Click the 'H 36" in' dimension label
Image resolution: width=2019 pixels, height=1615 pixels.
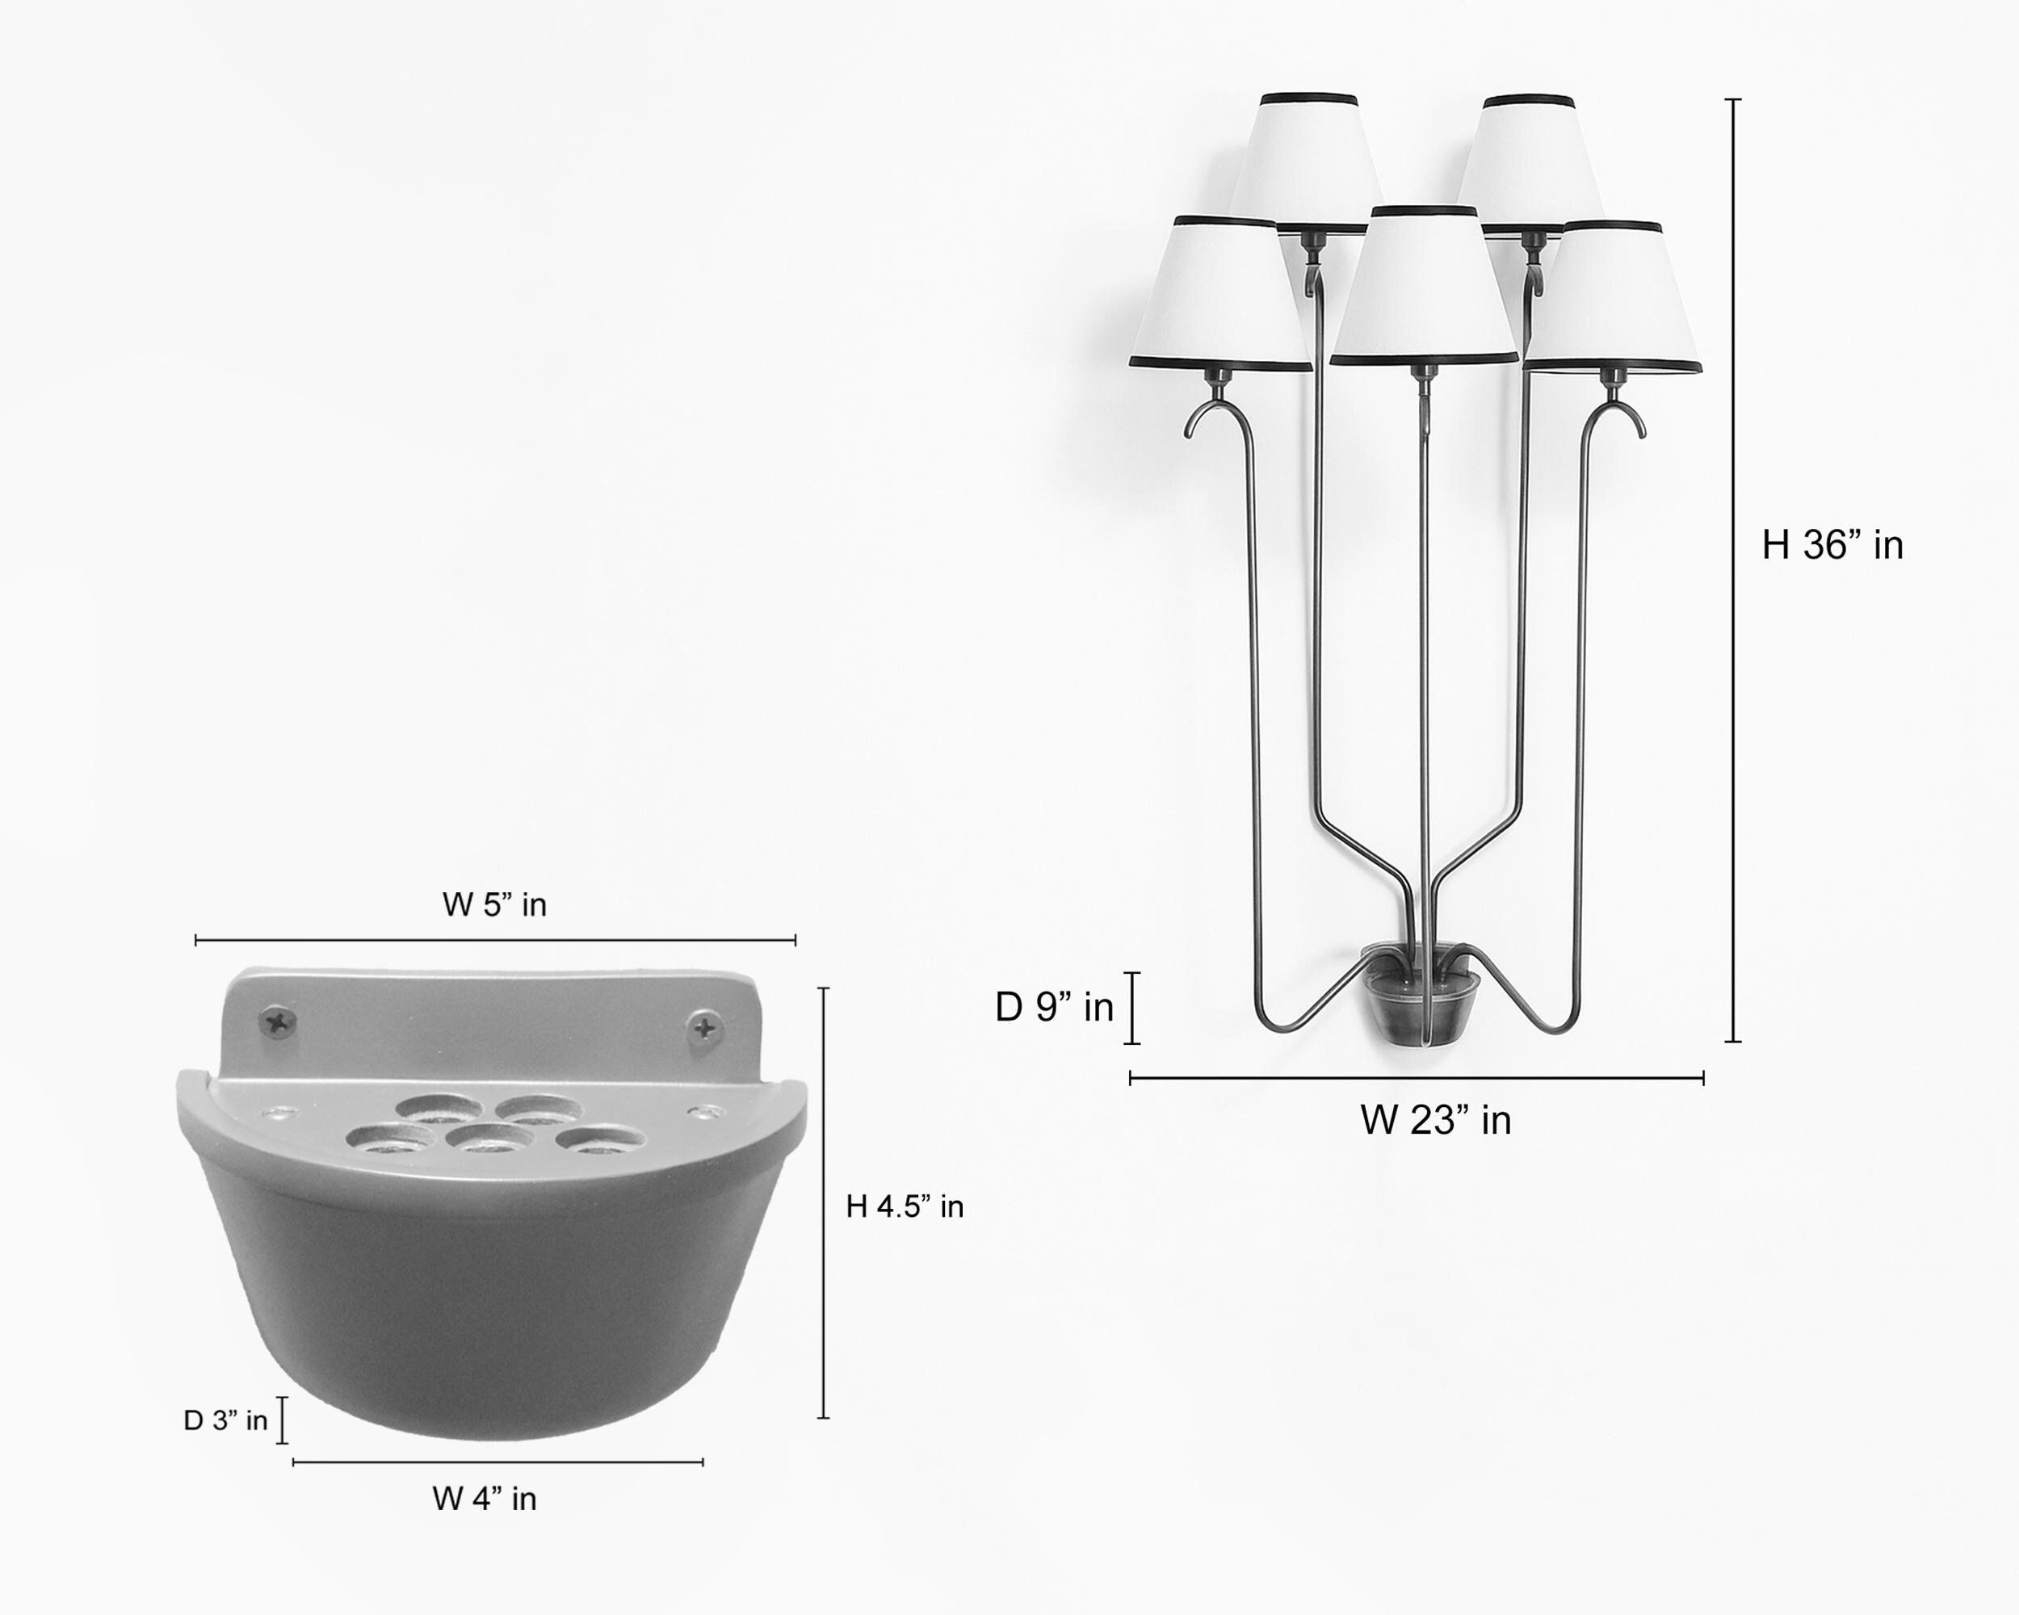1832,545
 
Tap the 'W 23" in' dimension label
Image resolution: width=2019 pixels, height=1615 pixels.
1436,1120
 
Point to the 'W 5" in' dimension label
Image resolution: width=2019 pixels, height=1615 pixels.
494,904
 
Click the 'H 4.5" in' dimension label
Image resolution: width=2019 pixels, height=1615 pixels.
905,1206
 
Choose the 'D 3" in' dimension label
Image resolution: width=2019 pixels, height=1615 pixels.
225,1420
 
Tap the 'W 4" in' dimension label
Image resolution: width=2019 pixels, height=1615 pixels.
484,1498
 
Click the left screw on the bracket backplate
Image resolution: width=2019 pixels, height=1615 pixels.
278,1021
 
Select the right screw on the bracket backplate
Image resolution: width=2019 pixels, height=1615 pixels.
705,1028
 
